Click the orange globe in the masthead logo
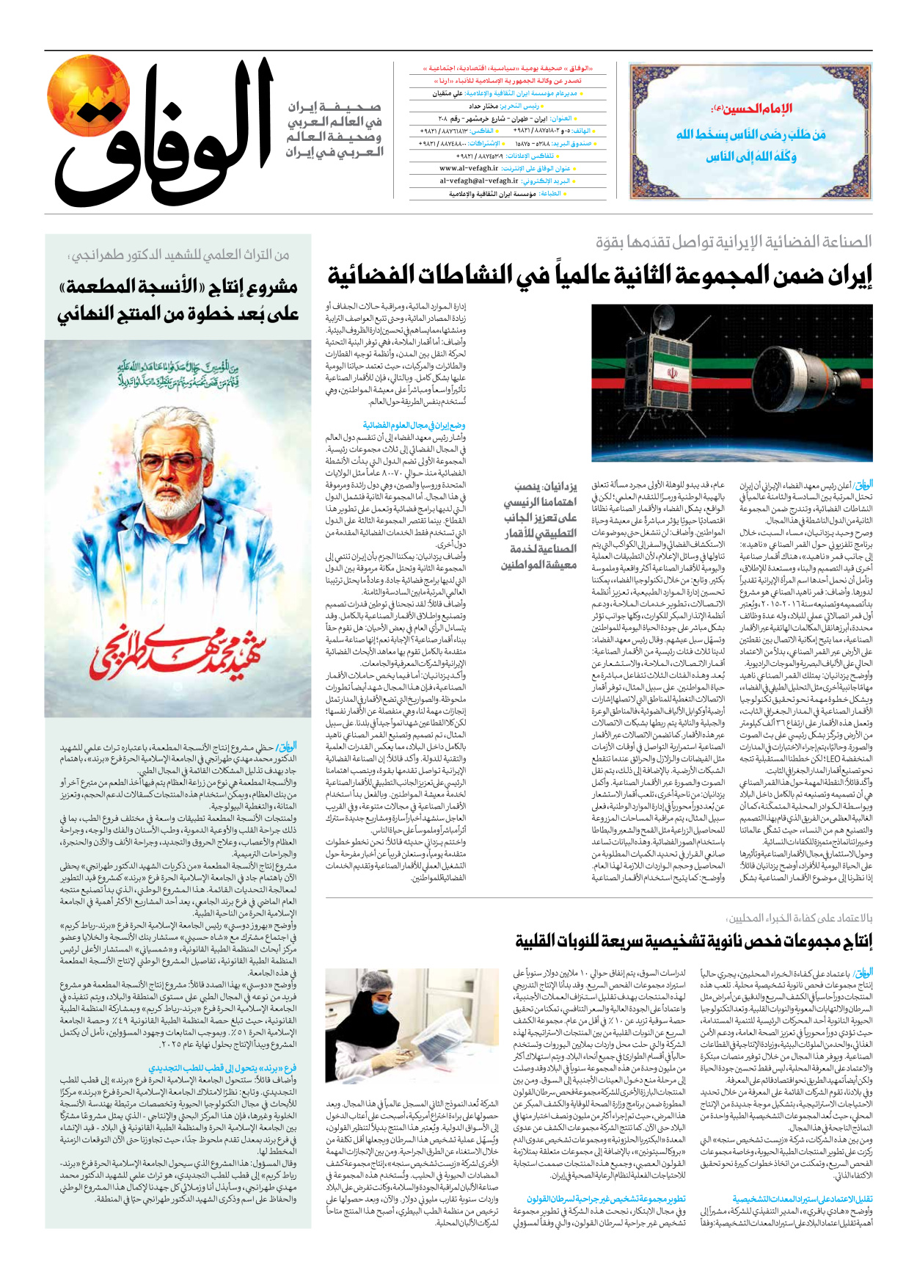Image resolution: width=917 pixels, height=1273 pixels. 88,95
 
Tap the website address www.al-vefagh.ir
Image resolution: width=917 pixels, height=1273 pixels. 470,168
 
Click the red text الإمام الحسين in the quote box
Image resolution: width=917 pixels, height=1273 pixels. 751,109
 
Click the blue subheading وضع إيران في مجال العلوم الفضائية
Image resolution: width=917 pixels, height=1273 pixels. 414,425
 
